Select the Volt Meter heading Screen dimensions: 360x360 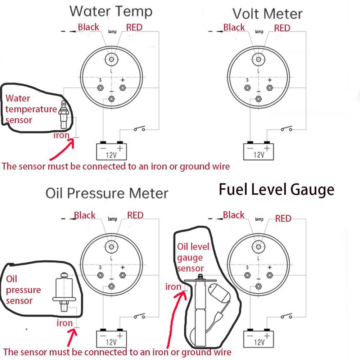(267, 14)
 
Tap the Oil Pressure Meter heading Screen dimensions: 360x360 (107, 193)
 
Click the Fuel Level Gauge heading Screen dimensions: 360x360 (276, 189)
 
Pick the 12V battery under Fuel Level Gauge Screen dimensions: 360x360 (259, 338)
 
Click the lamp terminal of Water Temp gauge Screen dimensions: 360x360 (112, 59)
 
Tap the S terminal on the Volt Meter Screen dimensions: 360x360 (247, 87)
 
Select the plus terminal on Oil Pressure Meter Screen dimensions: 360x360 (123, 275)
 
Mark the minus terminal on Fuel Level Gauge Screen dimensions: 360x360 (258, 286)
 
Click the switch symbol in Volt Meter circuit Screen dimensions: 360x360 (286, 129)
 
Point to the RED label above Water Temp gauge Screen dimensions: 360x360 (134, 27)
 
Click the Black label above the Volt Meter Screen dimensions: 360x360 (234, 27)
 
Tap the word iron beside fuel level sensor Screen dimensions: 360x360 (173, 287)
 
